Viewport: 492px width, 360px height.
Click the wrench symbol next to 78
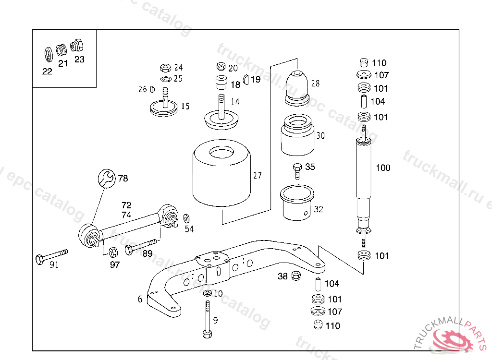click(107, 179)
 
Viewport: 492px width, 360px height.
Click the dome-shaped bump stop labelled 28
click(297, 86)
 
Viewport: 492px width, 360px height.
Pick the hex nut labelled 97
click(114, 252)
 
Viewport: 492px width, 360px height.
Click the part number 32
click(319, 209)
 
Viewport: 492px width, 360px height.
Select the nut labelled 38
click(296, 276)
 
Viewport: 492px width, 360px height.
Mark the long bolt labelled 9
click(207, 319)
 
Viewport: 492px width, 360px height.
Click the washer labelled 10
click(207, 293)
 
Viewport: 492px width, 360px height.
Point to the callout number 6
click(140, 299)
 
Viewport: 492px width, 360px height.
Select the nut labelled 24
click(164, 67)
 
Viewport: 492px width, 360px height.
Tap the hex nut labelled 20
click(221, 66)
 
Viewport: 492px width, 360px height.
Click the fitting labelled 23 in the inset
click(77, 46)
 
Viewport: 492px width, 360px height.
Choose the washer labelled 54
click(186, 217)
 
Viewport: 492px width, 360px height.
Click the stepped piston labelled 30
click(297, 135)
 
